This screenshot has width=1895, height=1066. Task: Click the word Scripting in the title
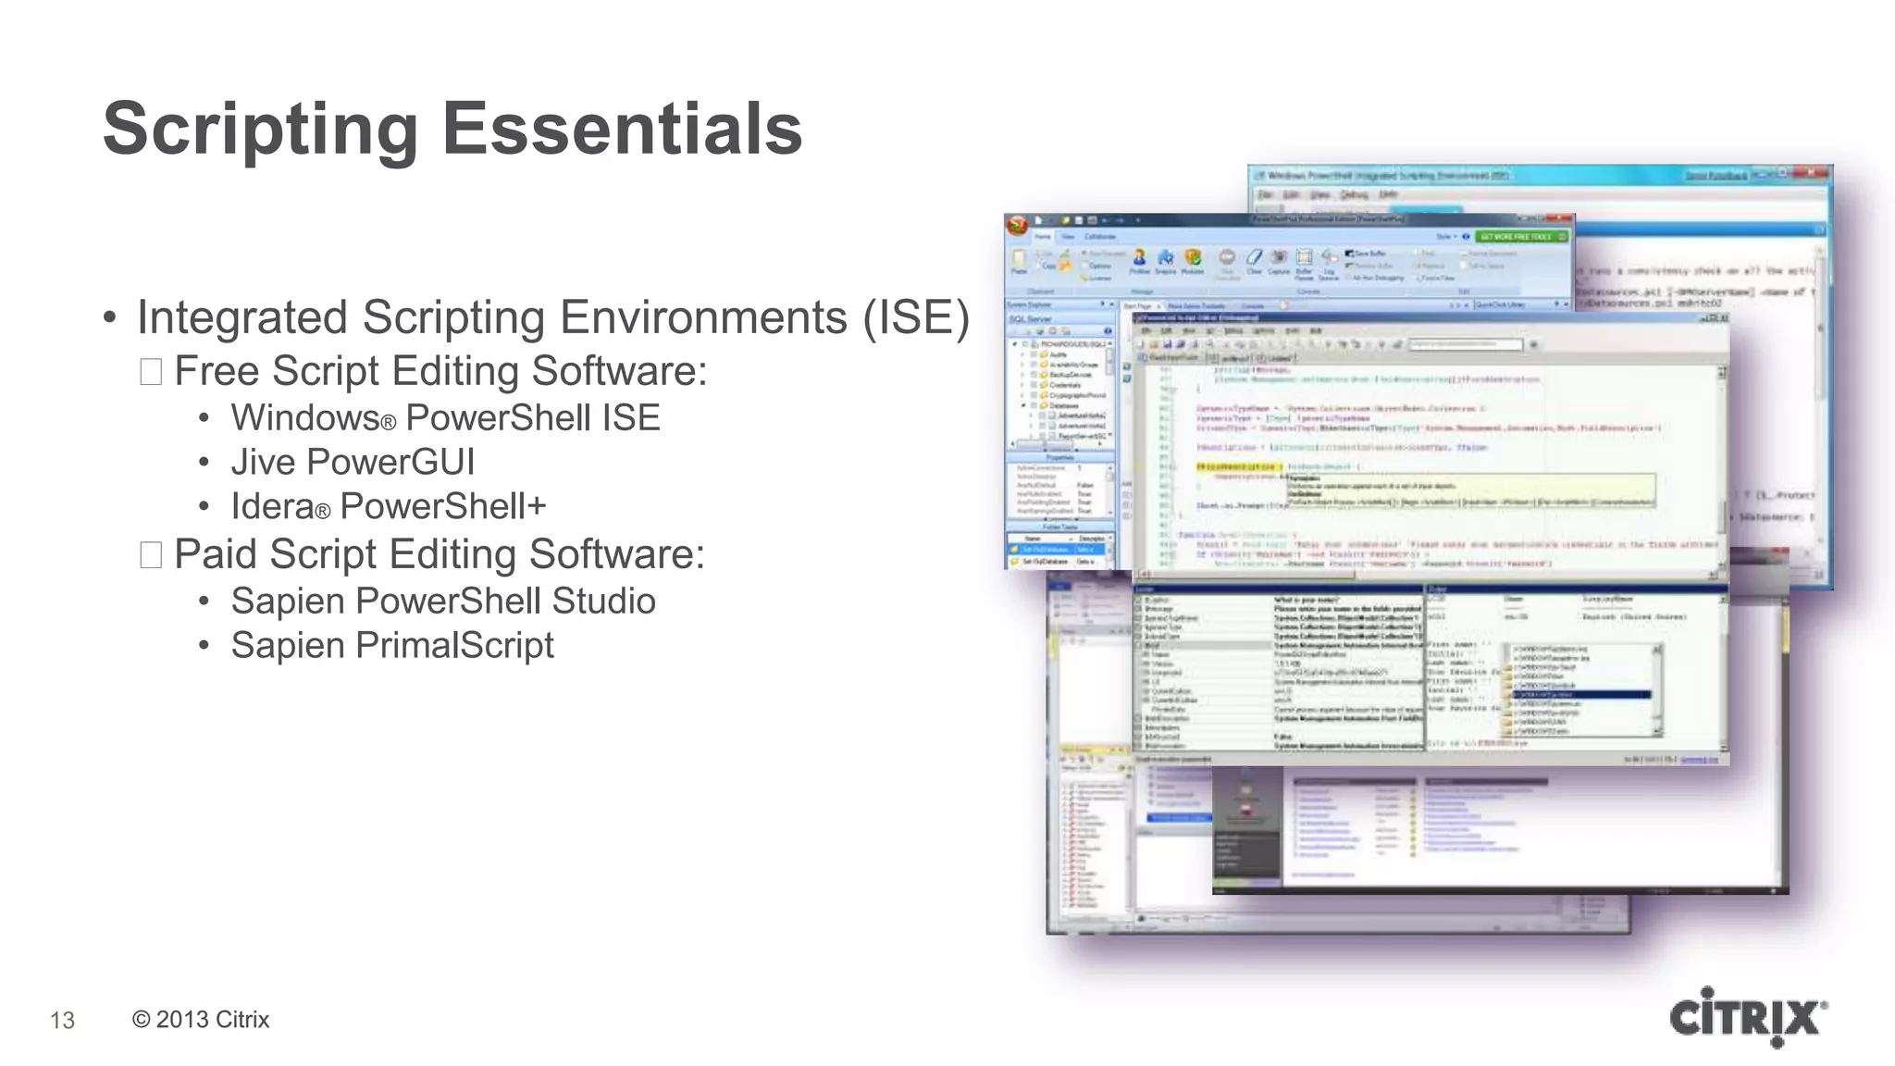click(260, 130)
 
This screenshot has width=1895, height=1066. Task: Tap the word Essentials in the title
click(622, 130)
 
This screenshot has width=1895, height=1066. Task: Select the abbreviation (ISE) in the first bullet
click(916, 317)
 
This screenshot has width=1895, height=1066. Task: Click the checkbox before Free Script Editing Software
click(151, 372)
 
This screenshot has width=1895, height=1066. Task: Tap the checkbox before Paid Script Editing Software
click(151, 555)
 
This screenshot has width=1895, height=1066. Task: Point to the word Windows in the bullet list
click(305, 418)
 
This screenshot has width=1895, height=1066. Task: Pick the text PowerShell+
click(443, 506)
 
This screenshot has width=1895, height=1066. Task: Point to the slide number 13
click(62, 1020)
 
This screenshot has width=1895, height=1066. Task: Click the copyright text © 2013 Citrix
click(201, 1019)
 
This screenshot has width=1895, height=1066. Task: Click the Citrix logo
click(1748, 1018)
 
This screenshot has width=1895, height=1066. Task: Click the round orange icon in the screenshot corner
click(1018, 225)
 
